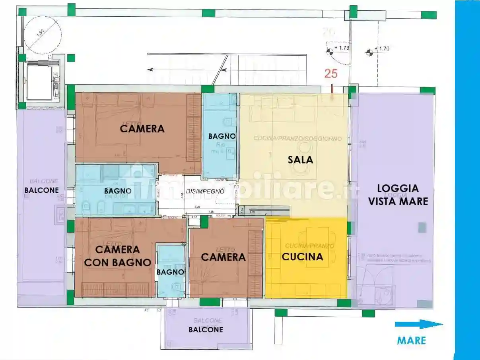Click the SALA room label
tap(300, 160)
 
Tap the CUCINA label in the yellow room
tap(302, 257)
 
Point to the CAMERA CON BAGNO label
tap(123, 255)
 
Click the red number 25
tap(331, 73)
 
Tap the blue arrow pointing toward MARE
tap(418, 325)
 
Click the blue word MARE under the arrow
tap(411, 341)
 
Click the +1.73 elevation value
tap(342, 48)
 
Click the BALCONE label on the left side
tap(41, 190)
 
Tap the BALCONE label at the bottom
tap(206, 329)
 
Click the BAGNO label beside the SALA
tap(222, 136)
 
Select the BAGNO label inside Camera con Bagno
tap(170, 272)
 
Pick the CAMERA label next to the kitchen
tap(223, 257)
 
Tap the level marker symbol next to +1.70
tap(369, 52)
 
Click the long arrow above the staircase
tap(187, 70)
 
